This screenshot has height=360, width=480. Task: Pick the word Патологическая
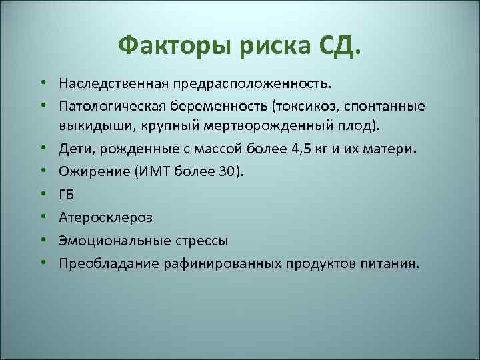114,106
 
